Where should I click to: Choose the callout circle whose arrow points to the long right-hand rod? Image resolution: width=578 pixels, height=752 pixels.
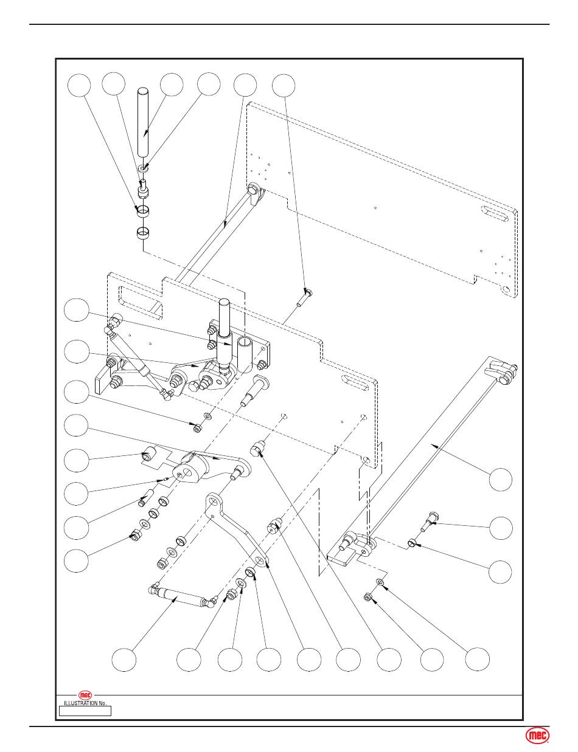[x=500, y=479]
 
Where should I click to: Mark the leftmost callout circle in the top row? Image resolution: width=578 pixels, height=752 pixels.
[x=79, y=85]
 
